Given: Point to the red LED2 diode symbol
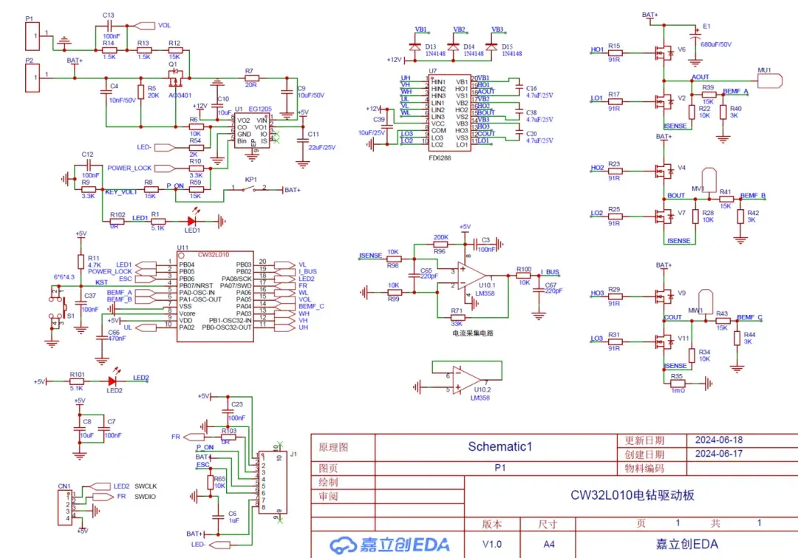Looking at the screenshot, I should (112, 381).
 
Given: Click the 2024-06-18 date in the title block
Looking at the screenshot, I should (718, 440).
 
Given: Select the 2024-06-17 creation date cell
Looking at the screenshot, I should (718, 454).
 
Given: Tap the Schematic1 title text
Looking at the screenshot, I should (500, 446).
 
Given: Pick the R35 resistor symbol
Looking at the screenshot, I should (677, 383).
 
